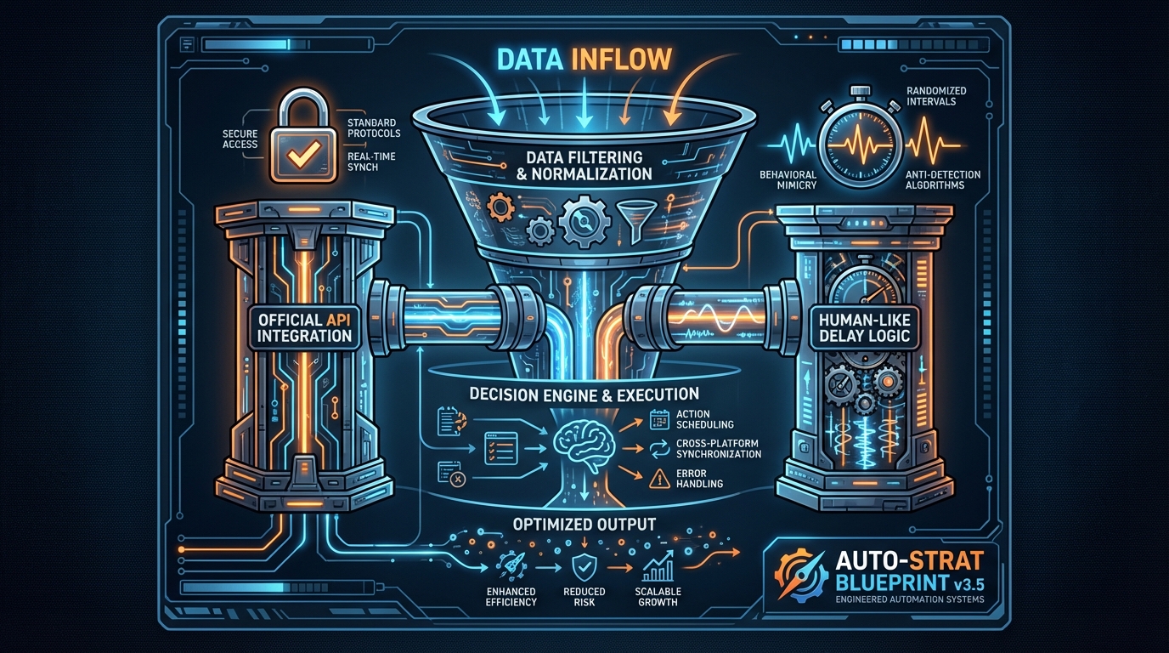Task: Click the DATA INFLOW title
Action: (x=584, y=59)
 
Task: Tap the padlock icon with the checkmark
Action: (x=300, y=145)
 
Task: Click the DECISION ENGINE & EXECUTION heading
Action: (x=584, y=394)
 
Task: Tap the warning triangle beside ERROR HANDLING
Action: (x=660, y=479)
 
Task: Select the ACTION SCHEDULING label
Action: (x=705, y=419)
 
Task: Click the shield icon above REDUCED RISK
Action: (x=585, y=565)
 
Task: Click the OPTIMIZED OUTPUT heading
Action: (x=584, y=524)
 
